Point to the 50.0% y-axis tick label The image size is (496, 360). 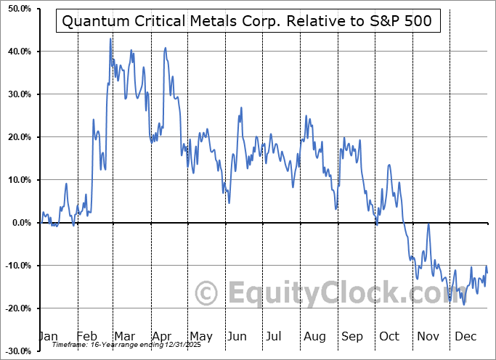click(17, 9)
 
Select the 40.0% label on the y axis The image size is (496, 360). click(17, 52)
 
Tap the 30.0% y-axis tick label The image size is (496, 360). click(17, 94)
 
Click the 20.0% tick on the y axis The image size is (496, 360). click(17, 137)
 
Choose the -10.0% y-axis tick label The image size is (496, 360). click(17, 266)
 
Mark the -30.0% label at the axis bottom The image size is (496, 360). click(17, 351)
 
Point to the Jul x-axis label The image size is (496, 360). click(275, 336)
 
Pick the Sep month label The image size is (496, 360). click(352, 336)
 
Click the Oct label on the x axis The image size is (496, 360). click(389, 336)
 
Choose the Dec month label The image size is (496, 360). click(466, 336)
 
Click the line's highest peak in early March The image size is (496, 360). click(110, 38)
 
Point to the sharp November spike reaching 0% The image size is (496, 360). click(428, 224)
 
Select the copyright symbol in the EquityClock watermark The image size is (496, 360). click(207, 294)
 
